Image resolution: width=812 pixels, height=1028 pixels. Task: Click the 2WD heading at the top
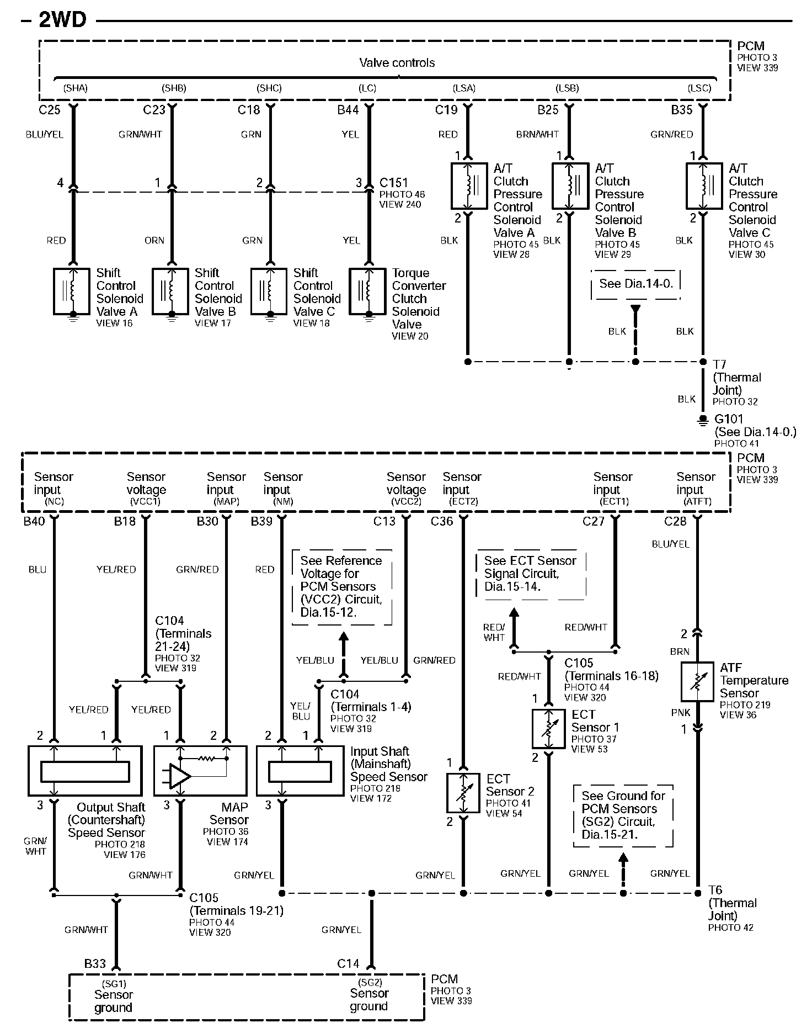tap(62, 20)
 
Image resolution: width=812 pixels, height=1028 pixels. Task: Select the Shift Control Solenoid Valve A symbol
tap(72, 291)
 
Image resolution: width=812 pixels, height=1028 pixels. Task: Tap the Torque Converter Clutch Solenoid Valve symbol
tap(368, 291)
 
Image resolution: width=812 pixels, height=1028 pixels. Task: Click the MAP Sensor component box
tap(200, 771)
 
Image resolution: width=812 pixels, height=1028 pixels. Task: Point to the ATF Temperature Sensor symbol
tap(698, 681)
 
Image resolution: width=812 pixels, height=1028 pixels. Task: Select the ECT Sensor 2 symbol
tap(463, 793)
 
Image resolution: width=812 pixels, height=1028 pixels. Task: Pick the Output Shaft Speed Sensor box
tap(85, 771)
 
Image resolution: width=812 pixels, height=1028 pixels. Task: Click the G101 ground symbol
tap(702, 420)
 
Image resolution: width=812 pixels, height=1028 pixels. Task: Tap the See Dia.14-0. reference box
tap(635, 284)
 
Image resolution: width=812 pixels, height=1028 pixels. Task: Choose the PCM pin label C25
tap(50, 110)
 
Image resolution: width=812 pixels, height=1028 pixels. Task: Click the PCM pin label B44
tap(348, 110)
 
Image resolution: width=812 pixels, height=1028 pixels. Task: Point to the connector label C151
tap(393, 182)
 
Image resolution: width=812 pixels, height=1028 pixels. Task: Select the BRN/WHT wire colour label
tap(537, 134)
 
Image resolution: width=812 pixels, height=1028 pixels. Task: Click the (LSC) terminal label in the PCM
tap(699, 88)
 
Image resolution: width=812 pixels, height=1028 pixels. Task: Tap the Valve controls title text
tap(397, 63)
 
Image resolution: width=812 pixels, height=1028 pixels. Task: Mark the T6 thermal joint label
tap(715, 890)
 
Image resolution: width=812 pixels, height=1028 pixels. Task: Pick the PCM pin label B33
tap(95, 963)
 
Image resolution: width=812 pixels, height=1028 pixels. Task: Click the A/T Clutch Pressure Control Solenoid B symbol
tap(570, 186)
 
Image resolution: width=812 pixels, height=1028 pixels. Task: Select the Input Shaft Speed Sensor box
tap(300, 771)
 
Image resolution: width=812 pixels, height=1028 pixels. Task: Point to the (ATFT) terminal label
tap(697, 501)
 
